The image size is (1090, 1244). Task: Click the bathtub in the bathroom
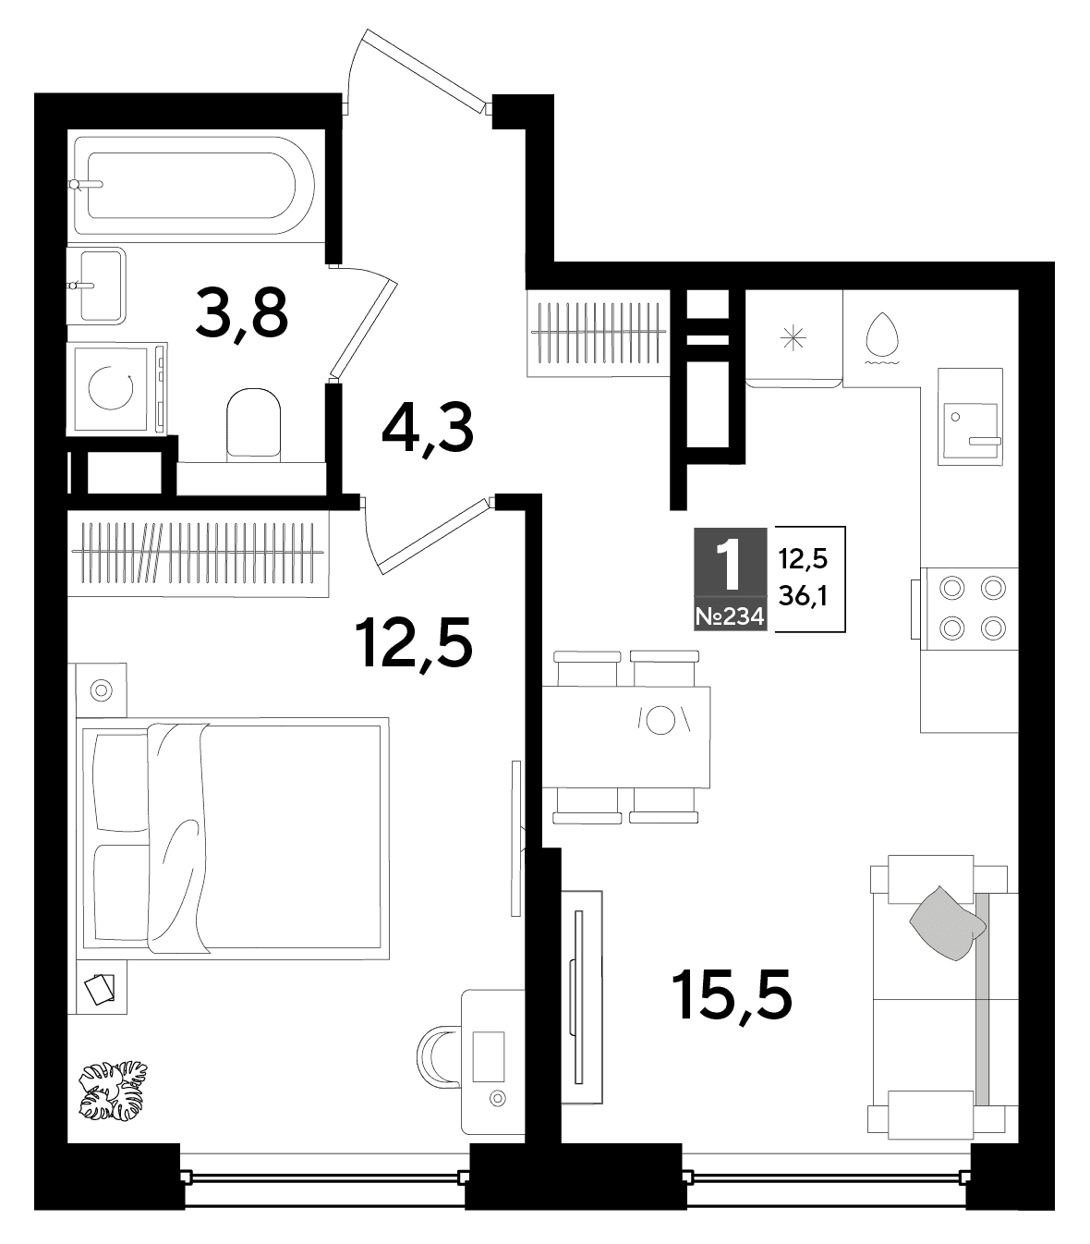(195, 186)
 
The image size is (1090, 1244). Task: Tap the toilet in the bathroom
(253, 424)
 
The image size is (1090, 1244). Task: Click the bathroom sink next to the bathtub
(97, 286)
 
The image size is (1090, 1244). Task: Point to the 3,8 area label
(242, 313)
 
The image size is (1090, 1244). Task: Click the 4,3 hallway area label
(427, 428)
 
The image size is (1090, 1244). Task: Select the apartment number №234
(731, 616)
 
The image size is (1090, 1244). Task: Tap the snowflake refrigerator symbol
(793, 338)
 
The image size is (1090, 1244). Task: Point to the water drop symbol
(882, 338)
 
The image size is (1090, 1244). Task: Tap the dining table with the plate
(626, 737)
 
